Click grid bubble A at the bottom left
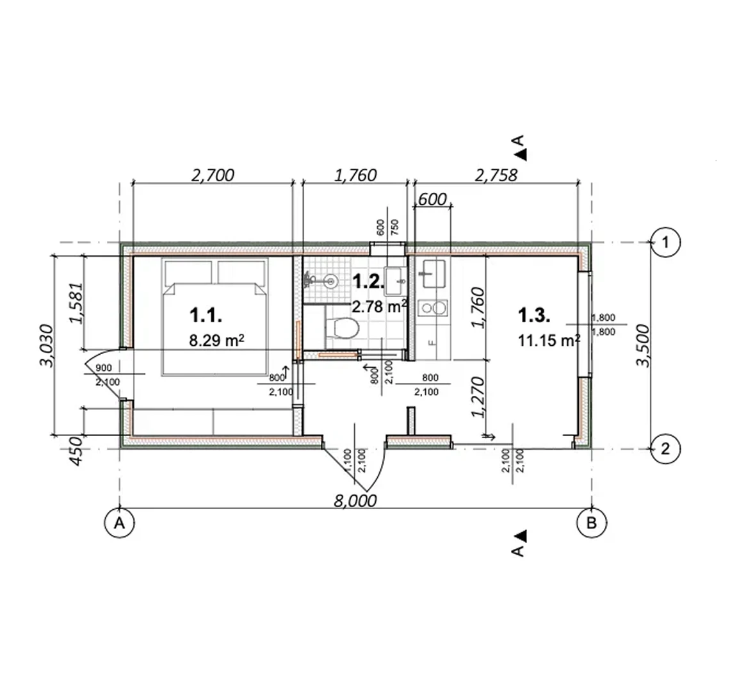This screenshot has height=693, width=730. [120, 523]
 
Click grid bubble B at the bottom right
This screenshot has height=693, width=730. [591, 523]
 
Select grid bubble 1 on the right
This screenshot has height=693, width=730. [665, 242]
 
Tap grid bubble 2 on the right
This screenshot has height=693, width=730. [665, 448]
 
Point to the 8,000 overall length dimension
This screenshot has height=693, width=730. [355, 501]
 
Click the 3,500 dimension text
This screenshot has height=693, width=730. [642, 346]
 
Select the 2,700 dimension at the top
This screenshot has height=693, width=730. [213, 175]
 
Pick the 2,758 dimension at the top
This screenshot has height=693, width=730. [496, 175]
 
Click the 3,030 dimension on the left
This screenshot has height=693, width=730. [47, 346]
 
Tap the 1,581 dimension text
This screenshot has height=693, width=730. [76, 303]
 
